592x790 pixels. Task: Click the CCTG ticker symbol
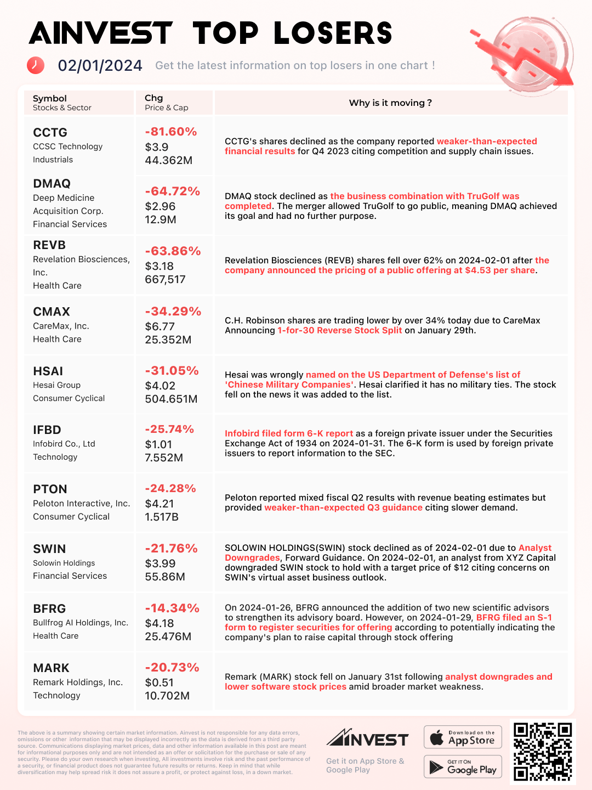pyautogui.click(x=50, y=133)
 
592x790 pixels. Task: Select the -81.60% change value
pyautogui.click(x=170, y=132)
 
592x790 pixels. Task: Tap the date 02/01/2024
pyautogui.click(x=100, y=66)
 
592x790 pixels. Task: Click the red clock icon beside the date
pyautogui.click(x=36, y=65)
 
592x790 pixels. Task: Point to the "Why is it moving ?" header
pyautogui.click(x=390, y=103)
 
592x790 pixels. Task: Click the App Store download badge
pyautogui.click(x=463, y=737)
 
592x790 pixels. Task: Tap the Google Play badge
pyautogui.click(x=463, y=766)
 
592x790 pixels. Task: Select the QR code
pyautogui.click(x=543, y=751)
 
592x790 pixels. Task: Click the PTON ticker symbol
pyautogui.click(x=50, y=489)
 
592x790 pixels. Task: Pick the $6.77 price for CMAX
pyautogui.click(x=160, y=326)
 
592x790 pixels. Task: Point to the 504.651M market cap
pyautogui.click(x=171, y=399)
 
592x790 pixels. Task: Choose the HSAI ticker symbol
pyautogui.click(x=48, y=371)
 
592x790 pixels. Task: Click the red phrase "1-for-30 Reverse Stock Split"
pyautogui.click(x=339, y=330)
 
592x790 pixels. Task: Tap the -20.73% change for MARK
pyautogui.click(x=172, y=668)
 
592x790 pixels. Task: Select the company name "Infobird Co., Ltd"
pyautogui.click(x=64, y=444)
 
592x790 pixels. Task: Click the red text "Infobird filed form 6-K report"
pyautogui.click(x=289, y=433)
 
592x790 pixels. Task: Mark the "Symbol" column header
pyautogui.click(x=50, y=98)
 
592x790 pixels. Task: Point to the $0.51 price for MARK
pyautogui.click(x=159, y=682)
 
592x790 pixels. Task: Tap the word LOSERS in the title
pyautogui.click(x=333, y=33)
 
